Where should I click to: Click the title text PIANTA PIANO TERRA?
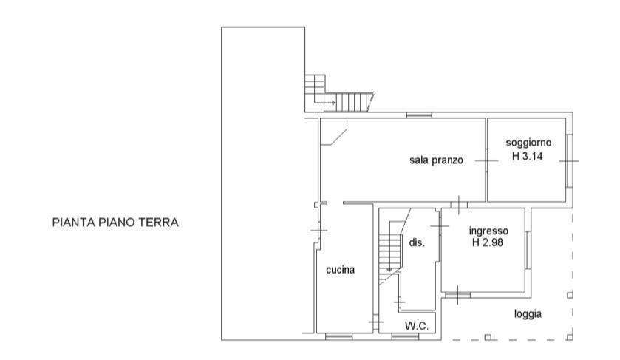click(x=115, y=223)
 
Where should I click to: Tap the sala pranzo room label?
click(x=436, y=160)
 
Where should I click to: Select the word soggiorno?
click(x=528, y=143)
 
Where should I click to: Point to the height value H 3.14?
click(x=528, y=156)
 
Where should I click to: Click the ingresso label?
click(x=488, y=231)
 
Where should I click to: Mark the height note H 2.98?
click(x=488, y=242)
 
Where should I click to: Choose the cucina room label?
click(x=340, y=270)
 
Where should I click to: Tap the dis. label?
click(x=417, y=242)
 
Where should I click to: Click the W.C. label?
click(x=417, y=326)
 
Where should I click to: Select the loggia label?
click(x=528, y=314)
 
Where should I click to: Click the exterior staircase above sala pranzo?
click(x=339, y=94)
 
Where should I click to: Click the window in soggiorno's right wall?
click(x=569, y=161)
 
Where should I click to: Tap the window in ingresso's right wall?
click(x=528, y=251)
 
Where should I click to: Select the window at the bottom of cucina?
click(x=339, y=336)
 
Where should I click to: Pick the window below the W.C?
click(x=405, y=336)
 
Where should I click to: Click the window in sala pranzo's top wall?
click(x=420, y=115)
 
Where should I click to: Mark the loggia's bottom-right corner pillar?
click(x=570, y=337)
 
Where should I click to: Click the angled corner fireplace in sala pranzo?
click(x=333, y=132)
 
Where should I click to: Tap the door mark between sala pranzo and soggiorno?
click(x=486, y=160)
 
